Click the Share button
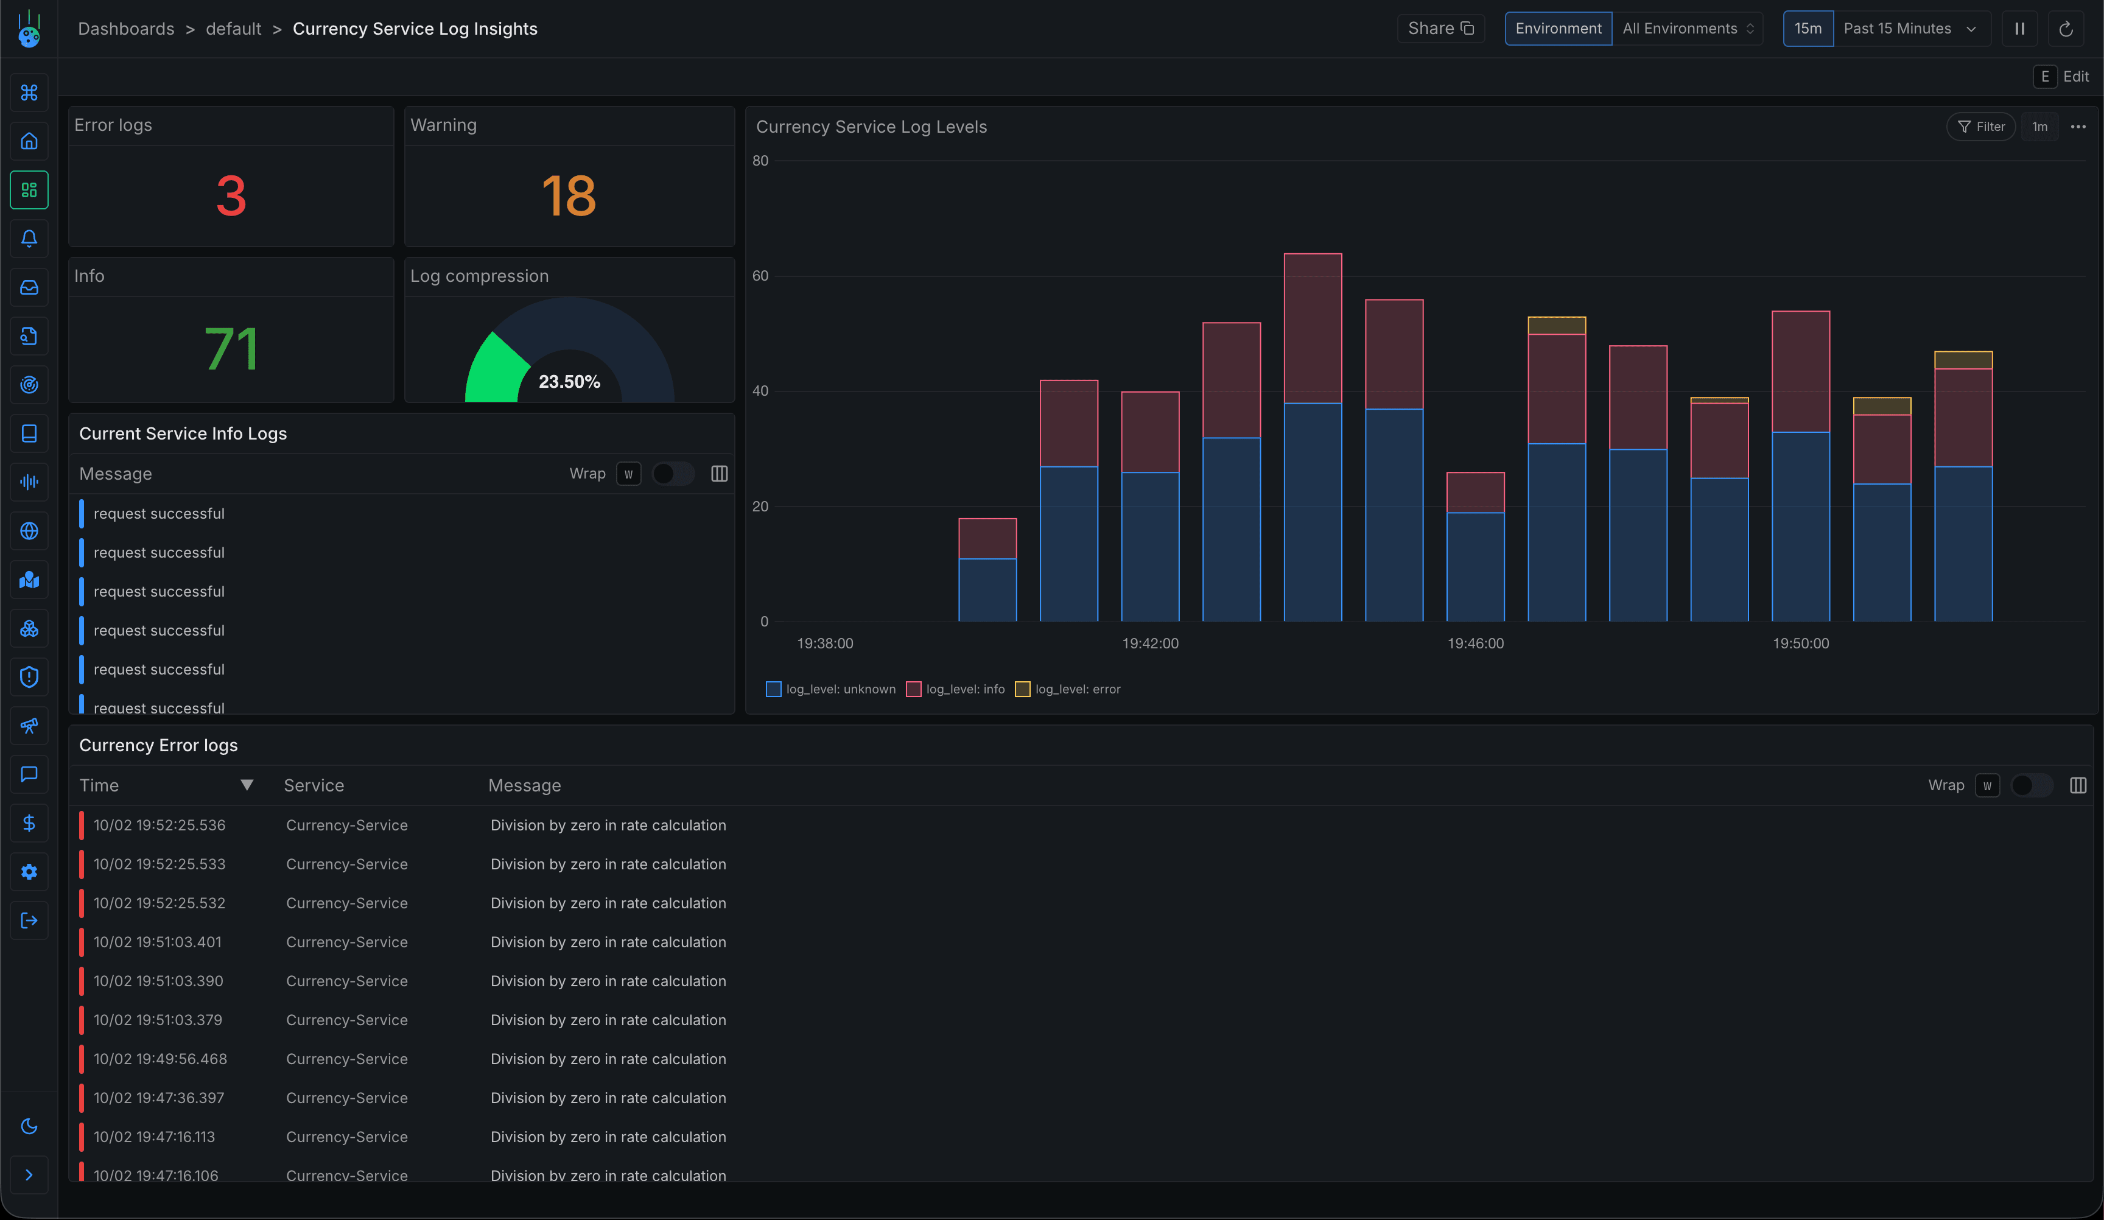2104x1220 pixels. pos(1440,29)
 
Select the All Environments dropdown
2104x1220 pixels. pos(1686,29)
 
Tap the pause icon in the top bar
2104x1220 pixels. pos(2019,29)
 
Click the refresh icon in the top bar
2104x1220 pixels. pos(2066,29)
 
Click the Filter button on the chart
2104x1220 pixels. pos(1980,127)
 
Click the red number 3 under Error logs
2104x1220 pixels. pos(231,196)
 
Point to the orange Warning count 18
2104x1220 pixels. pos(569,196)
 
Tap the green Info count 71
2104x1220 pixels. pos(231,349)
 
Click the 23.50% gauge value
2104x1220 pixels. pos(569,382)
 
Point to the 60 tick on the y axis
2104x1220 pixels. pos(760,276)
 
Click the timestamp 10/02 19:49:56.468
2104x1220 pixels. pos(160,1059)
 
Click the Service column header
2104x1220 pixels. pos(314,786)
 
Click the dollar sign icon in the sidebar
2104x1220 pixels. pos(29,823)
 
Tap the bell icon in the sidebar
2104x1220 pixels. pos(29,239)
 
